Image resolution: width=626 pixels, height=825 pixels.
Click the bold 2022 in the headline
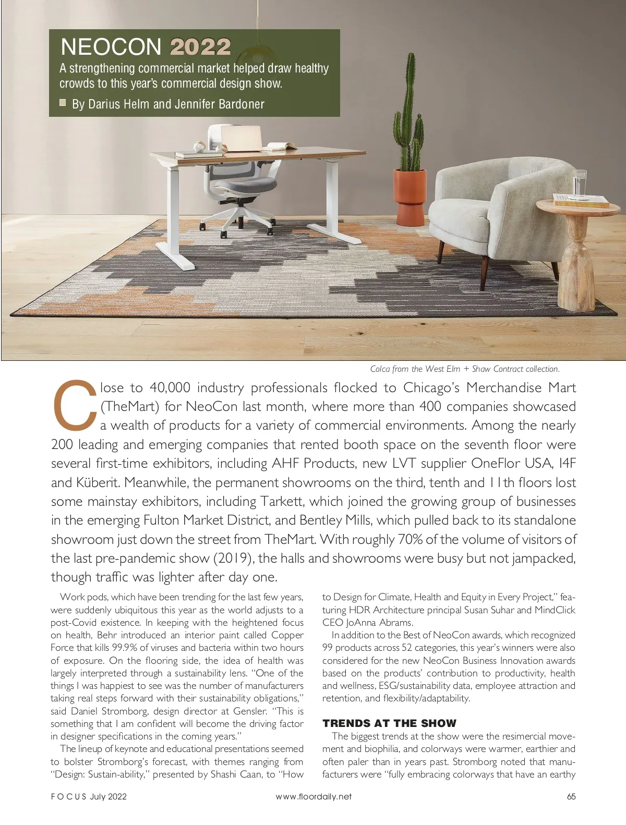(x=200, y=47)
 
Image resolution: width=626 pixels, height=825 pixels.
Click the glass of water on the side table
(x=579, y=184)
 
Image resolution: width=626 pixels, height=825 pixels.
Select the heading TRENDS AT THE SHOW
(x=389, y=723)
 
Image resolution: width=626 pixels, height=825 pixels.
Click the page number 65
(x=571, y=796)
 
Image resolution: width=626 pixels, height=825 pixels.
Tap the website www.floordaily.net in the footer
(x=314, y=796)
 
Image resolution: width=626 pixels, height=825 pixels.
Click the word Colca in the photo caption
(x=380, y=369)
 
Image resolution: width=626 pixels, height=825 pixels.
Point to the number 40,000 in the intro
(x=171, y=387)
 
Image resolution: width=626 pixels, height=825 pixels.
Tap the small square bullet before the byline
(x=63, y=103)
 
